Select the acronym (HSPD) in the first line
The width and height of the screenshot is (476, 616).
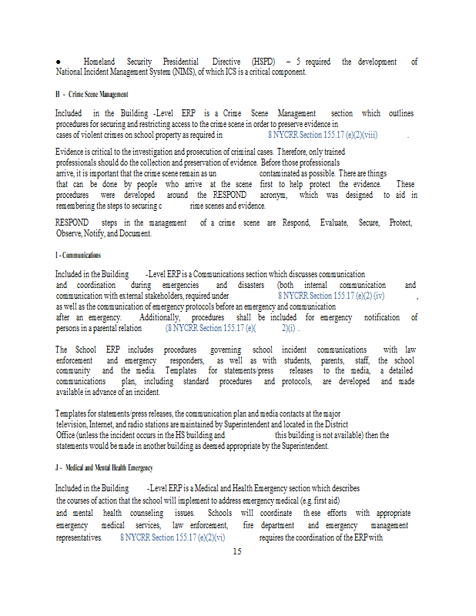point(263,62)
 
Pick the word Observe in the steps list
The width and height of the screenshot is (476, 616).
point(71,233)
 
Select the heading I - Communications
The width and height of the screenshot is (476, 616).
point(78,255)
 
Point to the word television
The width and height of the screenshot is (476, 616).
point(78,424)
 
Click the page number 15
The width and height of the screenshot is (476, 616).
point(237,551)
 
